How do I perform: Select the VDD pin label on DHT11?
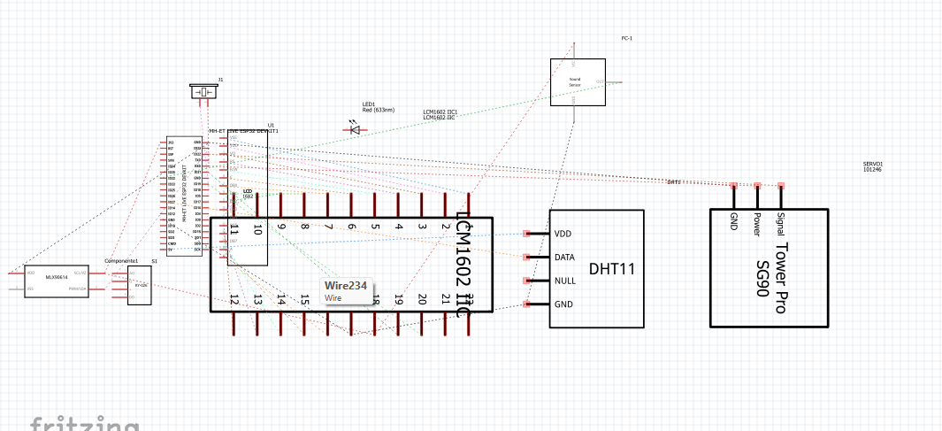pos(563,234)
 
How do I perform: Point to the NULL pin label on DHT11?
pos(565,281)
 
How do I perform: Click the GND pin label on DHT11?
pos(563,304)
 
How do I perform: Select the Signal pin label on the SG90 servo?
pos(779,228)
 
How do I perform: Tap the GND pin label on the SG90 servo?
pos(733,221)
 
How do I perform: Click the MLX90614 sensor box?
pos(56,281)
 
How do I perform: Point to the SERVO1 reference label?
pos(872,164)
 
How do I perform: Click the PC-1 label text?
pos(627,38)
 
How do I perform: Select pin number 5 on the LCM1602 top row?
pos(375,227)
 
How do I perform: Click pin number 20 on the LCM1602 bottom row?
pos(422,300)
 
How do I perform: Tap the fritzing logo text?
pos(84,423)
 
